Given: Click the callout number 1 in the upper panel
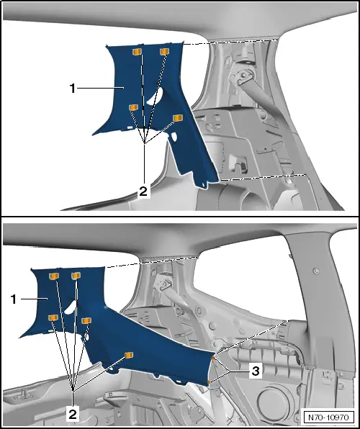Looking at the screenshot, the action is click(72, 89).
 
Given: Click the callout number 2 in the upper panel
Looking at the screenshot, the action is click(143, 191).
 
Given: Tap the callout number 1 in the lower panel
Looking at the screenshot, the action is click(14, 299).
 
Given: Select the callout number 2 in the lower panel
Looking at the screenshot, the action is click(73, 415).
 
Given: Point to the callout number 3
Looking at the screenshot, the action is click(256, 371).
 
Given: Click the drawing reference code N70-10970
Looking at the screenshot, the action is click(328, 417).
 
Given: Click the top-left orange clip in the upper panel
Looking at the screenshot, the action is click(137, 52).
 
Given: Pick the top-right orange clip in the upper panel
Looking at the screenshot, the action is click(164, 51).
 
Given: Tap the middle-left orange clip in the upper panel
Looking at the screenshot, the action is click(133, 107).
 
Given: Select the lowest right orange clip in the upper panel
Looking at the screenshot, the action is click(178, 117).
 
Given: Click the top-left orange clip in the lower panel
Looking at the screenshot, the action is click(54, 276).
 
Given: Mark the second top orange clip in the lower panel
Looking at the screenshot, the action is click(76, 276).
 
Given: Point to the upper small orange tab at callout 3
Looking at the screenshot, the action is click(212, 358).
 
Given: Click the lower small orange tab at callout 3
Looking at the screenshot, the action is click(209, 381).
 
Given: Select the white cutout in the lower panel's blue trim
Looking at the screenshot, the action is click(70, 306).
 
